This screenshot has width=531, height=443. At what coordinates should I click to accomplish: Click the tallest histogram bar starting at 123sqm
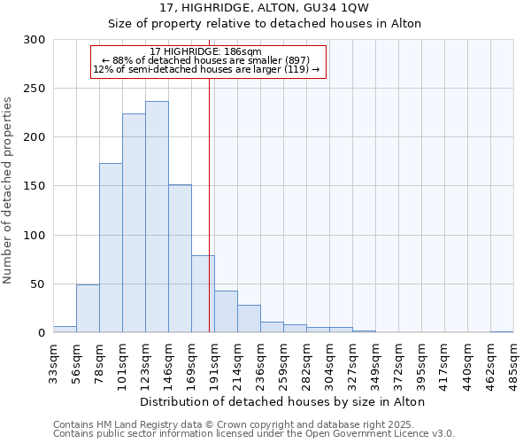click(x=157, y=217)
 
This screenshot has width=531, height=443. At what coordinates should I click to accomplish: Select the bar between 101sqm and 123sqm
click(x=134, y=223)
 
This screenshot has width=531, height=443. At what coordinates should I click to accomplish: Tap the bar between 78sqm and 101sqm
click(x=111, y=248)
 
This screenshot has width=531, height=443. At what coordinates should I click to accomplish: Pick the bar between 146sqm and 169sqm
click(x=180, y=259)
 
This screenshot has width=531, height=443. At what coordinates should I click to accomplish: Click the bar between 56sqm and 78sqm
click(x=88, y=308)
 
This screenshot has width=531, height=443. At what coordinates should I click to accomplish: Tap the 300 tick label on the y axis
click(x=35, y=40)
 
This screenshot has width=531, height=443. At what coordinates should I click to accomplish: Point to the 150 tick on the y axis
click(x=35, y=186)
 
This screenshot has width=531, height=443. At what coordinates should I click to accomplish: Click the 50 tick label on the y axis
click(x=38, y=284)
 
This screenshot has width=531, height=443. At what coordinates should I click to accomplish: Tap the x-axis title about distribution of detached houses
click(x=282, y=401)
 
